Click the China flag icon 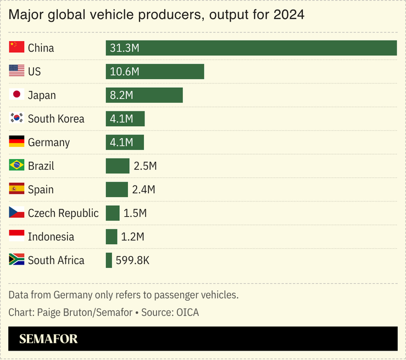tap(16, 48)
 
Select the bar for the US tap(155, 71)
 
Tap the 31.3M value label tap(124, 48)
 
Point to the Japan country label tap(42, 95)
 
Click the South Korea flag tap(16, 119)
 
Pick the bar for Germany tap(125, 142)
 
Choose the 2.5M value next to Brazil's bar tap(145, 166)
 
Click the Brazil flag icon tap(16, 166)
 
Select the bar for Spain tap(116, 189)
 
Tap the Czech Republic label tap(63, 213)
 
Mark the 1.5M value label tap(135, 213)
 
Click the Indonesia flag tap(16, 237)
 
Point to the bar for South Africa tap(109, 260)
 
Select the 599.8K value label tap(132, 260)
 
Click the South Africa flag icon tap(16, 260)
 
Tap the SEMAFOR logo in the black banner tap(48, 339)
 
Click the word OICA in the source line tap(187, 312)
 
